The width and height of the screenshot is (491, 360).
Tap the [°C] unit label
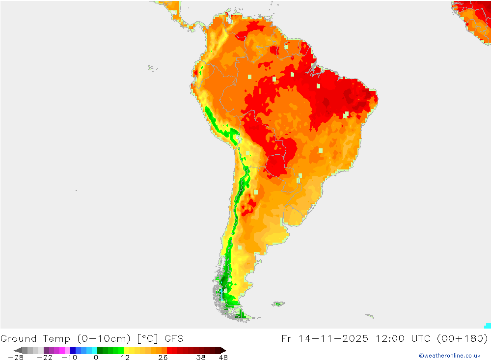tap(145, 338)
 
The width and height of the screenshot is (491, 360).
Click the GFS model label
tap(174, 338)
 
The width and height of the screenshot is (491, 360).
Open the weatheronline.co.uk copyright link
tap(449, 356)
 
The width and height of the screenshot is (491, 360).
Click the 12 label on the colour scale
tap(126, 358)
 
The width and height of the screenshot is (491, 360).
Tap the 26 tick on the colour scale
tap(163, 358)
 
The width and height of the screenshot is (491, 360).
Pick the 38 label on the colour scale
tap(201, 358)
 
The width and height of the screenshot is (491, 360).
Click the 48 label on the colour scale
tap(223, 358)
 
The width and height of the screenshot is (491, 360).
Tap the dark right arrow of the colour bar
tap(223, 350)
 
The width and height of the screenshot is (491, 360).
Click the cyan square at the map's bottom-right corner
tap(488, 326)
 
